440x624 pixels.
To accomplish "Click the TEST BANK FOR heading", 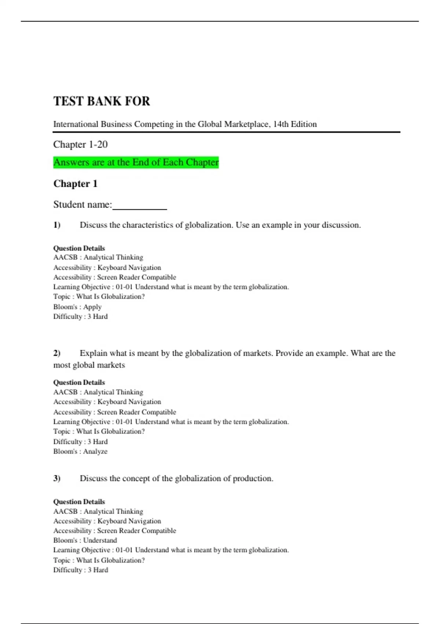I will point(102,101).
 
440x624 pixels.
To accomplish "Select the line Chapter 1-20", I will point(80,144).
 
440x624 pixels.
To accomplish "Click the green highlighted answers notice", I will point(136,162).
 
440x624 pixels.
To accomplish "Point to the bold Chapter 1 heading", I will point(75,184).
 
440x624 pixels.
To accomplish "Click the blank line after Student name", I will point(140,206).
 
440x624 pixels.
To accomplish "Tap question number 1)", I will point(57,225).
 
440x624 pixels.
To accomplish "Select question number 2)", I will point(57,353).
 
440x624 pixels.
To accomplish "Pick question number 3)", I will point(57,478).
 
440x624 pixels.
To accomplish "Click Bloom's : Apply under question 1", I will point(77,307).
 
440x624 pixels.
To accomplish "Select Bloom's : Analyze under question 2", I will point(80,451).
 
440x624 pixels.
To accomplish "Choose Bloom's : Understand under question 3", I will point(85,540).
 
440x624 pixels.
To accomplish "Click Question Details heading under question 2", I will point(79,382).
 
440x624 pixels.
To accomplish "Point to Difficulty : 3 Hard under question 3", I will point(81,570).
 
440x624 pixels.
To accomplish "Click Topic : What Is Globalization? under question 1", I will point(99,297).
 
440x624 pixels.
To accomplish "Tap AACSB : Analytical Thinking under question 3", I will point(98,511).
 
